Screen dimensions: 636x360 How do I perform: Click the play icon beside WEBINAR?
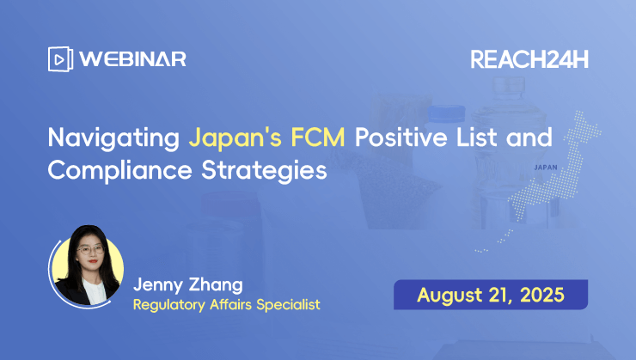60,59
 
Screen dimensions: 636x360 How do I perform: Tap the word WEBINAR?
132,59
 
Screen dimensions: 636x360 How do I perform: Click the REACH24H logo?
529,59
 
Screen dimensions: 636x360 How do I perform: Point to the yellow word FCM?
318,137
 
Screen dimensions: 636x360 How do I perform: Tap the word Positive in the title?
401,137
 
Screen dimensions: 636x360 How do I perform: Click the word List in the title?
476,137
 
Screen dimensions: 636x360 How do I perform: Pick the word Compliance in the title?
120,170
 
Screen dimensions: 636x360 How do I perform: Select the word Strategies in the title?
264,170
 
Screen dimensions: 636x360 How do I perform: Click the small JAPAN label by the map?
546,168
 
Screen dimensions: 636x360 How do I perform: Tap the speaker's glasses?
90,250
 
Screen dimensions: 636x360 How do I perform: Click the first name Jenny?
158,285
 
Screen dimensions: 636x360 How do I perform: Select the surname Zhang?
217,285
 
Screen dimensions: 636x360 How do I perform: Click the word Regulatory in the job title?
168,305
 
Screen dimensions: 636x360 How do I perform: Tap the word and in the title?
529,137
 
